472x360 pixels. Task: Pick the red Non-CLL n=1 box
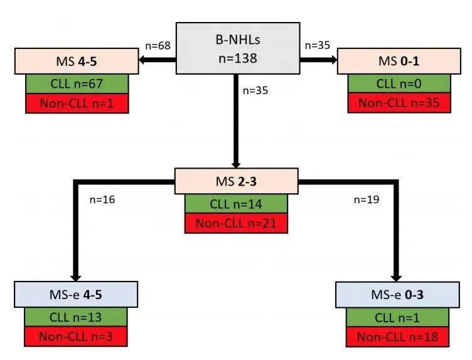(x=77, y=103)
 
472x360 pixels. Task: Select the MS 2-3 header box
(x=236, y=182)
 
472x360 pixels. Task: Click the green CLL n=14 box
(x=236, y=203)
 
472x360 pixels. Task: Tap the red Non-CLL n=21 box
(x=236, y=223)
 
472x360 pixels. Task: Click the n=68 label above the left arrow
(x=157, y=45)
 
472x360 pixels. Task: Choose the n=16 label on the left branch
(x=102, y=200)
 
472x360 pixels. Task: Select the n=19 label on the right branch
(x=367, y=200)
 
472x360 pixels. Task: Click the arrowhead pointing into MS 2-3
(x=236, y=162)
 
